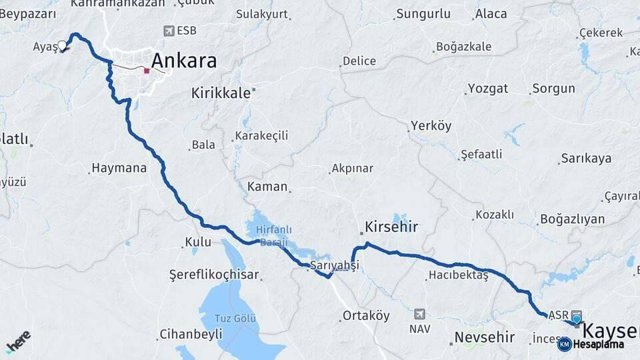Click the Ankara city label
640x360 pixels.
click(x=183, y=61)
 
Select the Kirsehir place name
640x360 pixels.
click(x=391, y=227)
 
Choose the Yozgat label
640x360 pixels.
click(x=488, y=89)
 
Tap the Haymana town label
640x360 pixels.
click(x=119, y=168)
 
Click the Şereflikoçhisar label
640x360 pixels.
click(x=214, y=275)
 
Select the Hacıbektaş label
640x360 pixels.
click(x=459, y=275)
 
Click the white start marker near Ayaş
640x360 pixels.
click(x=63, y=46)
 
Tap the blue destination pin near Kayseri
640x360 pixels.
click(x=576, y=319)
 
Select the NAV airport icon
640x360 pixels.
click(x=419, y=314)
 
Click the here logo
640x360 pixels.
click(x=18, y=341)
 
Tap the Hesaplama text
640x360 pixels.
click(x=599, y=345)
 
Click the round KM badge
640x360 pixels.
click(x=564, y=345)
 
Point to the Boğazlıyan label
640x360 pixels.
click(x=572, y=219)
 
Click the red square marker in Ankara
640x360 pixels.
click(x=147, y=70)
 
